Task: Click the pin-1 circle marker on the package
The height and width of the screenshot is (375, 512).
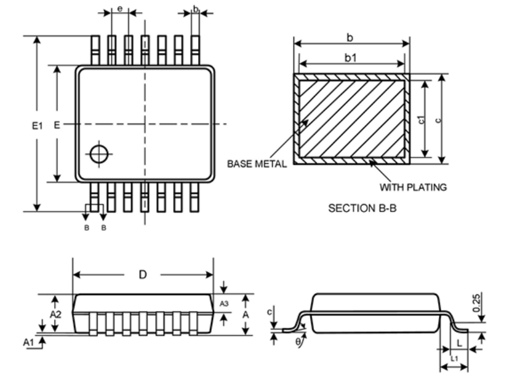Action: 99,154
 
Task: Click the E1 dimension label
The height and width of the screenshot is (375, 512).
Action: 37,125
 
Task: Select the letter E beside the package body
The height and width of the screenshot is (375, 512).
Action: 57,125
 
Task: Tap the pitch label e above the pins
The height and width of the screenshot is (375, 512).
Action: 120,9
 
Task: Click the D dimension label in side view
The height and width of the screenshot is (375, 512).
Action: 143,275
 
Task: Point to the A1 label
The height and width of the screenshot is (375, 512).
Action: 28,342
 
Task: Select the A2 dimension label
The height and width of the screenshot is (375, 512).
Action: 55,314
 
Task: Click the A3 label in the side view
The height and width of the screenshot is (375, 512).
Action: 223,304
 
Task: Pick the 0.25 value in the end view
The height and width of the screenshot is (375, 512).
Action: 476,303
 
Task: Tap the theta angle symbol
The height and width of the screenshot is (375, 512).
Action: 298,341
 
